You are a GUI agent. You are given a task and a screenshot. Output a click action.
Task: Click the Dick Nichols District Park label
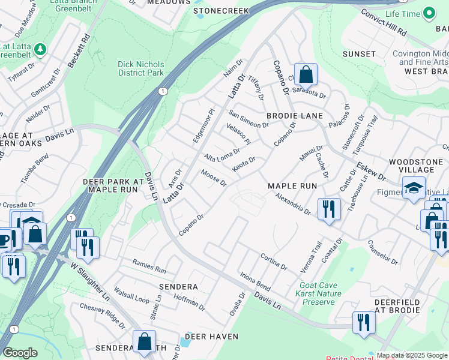click(141, 68)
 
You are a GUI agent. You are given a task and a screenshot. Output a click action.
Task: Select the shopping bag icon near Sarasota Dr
click(306, 75)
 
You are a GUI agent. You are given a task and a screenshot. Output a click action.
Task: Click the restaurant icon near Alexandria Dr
click(328, 209)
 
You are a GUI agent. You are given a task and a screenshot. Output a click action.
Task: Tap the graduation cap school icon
click(414, 188)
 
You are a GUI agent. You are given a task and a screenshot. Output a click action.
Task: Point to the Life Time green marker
click(429, 13)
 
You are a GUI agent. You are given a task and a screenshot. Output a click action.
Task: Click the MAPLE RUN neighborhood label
click(292, 186)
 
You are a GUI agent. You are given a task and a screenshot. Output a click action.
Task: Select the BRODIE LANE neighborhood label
click(295, 115)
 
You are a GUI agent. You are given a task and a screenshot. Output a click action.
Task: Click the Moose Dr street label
click(214, 178)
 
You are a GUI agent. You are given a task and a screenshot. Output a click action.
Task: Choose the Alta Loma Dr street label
click(221, 155)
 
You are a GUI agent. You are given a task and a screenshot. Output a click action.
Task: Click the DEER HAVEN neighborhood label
click(208, 337)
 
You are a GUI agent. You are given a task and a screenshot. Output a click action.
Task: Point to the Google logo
click(20, 353)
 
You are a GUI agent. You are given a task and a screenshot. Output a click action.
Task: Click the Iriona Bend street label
click(256, 278)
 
